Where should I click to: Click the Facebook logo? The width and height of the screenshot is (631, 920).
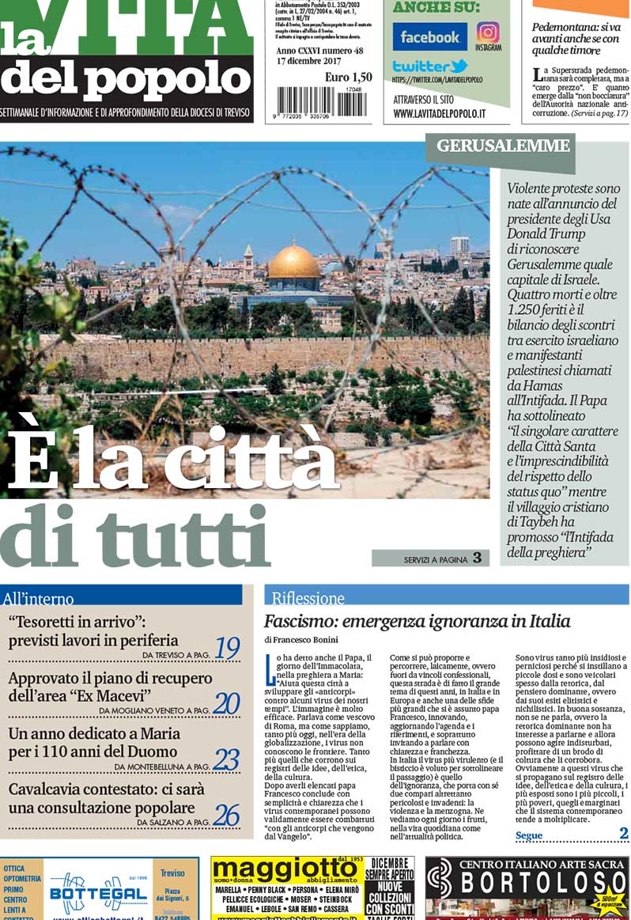click(x=429, y=37)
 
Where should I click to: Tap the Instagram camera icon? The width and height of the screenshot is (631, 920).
click(x=488, y=32)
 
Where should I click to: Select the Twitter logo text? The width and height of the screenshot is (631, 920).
click(x=430, y=66)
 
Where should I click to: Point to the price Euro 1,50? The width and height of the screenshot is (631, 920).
click(x=348, y=77)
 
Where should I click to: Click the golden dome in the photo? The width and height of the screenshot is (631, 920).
click(x=294, y=262)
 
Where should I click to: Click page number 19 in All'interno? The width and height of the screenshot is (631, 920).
click(x=226, y=649)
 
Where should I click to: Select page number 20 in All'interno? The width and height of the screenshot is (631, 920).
click(x=226, y=702)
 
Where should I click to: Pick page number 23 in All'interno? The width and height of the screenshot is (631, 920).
click(x=226, y=759)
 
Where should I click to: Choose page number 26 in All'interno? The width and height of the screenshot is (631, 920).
click(x=226, y=816)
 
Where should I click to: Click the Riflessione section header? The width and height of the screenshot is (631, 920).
click(x=308, y=598)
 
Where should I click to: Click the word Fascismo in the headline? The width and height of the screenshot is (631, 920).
click(x=297, y=621)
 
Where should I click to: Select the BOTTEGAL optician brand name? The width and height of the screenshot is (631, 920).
click(x=89, y=895)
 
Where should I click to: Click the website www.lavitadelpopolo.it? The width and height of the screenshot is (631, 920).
click(x=439, y=113)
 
